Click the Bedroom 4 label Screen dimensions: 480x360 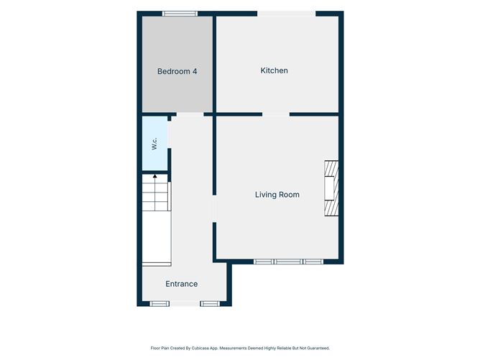[177, 71]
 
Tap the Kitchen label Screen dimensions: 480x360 [274, 70]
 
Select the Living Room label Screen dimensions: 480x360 [277, 195]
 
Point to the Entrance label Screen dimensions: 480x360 [182, 284]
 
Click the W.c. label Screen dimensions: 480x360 [154, 144]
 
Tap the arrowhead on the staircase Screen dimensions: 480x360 [155, 176]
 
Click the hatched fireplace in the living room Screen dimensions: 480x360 [331, 188]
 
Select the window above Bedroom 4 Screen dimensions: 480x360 [180, 14]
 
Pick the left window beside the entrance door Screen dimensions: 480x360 [160, 304]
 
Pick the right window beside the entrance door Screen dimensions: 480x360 [210, 304]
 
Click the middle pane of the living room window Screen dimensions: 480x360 [288, 262]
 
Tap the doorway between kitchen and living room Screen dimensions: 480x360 [276, 114]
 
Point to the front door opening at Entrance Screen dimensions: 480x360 [185, 304]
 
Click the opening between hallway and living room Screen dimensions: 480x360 [214, 209]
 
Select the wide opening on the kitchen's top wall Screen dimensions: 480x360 [286, 14]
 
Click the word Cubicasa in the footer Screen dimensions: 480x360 [198, 348]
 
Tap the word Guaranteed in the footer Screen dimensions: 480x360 [319, 348]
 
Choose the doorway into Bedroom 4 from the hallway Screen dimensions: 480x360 [190, 114]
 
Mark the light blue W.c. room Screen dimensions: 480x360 [155, 143]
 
